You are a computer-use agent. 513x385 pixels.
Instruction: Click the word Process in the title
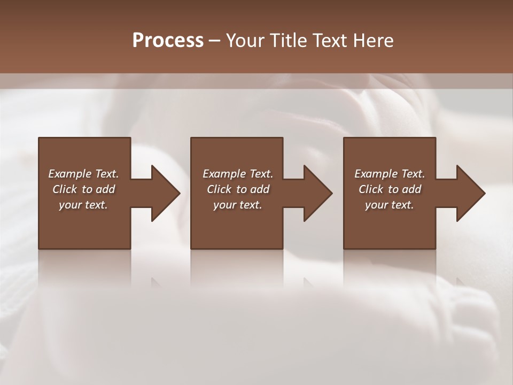point(168,41)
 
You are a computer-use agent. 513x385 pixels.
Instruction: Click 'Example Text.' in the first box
point(83,174)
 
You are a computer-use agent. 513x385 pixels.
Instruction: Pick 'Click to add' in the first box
point(83,189)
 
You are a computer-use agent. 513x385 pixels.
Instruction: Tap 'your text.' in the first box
point(83,205)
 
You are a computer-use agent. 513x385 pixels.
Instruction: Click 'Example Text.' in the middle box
point(238,174)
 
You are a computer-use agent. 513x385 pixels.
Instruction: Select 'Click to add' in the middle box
point(238,189)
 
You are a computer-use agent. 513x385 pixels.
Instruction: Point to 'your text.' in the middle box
point(238,205)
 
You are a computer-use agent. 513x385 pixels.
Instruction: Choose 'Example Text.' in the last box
point(390,174)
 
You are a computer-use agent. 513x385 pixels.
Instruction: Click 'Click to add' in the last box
point(390,189)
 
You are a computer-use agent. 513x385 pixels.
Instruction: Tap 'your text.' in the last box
point(390,205)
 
